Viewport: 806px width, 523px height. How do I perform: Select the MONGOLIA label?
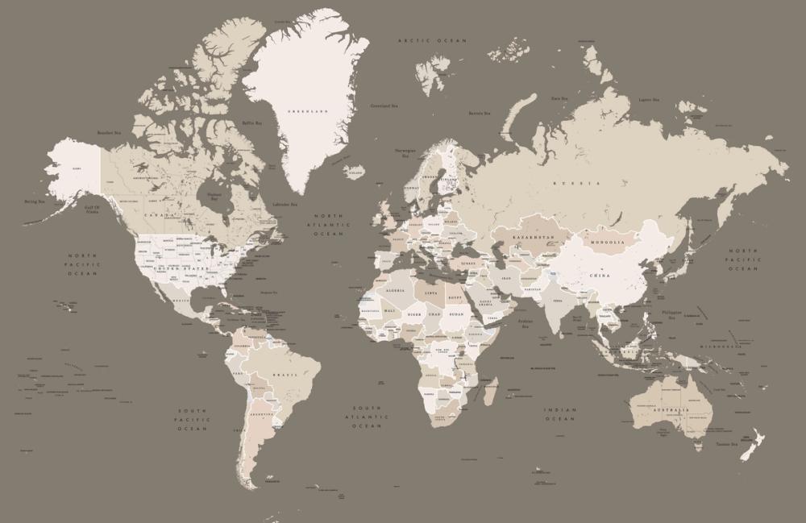point(607,242)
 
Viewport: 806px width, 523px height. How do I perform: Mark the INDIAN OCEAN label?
point(560,414)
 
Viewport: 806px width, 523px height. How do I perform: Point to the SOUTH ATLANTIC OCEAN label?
point(367,417)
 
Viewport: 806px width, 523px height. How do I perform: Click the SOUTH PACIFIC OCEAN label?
point(193,420)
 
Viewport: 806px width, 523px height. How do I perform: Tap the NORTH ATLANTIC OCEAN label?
point(328,225)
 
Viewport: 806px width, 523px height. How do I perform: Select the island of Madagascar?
point(489,389)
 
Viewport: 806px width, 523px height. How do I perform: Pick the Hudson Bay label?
point(214,196)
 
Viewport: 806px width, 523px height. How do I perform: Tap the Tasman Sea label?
point(721,445)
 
